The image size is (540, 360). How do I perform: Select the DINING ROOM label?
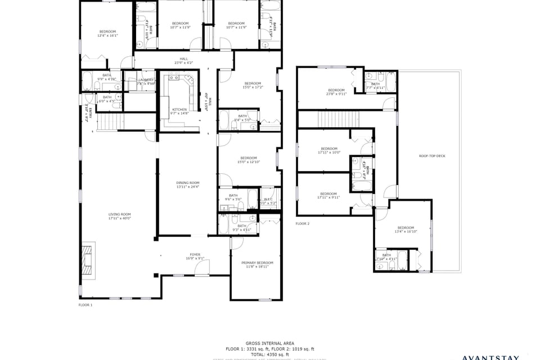(x=188, y=184)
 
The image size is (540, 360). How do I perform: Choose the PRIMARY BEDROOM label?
(x=257, y=264)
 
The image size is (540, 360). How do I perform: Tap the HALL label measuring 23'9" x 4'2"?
(x=183, y=60)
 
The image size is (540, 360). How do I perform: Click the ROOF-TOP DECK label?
(x=432, y=156)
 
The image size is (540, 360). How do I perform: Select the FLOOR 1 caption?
(x=85, y=305)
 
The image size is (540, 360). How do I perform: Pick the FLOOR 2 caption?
(x=303, y=223)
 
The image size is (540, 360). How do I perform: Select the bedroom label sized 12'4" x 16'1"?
(x=107, y=33)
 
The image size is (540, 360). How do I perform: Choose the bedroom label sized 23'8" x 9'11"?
(x=336, y=92)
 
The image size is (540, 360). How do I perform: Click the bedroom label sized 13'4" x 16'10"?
(x=405, y=229)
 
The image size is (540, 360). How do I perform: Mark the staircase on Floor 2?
(x=330, y=119)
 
